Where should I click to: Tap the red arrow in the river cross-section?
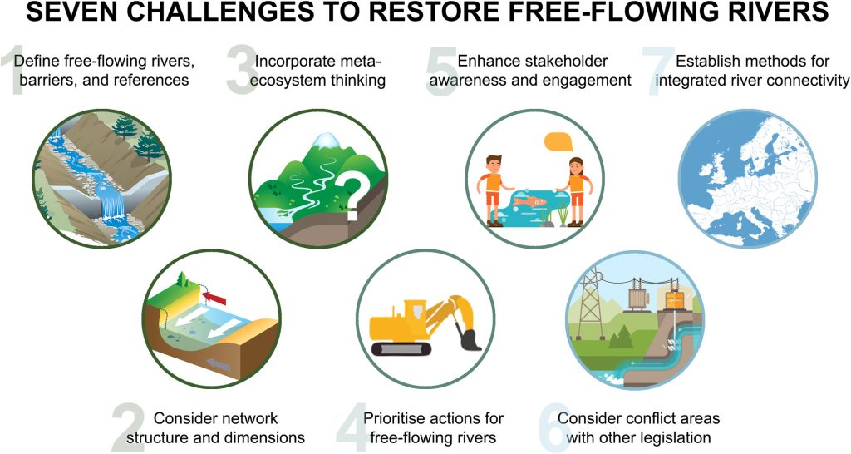pyautogui.click(x=217, y=293)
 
